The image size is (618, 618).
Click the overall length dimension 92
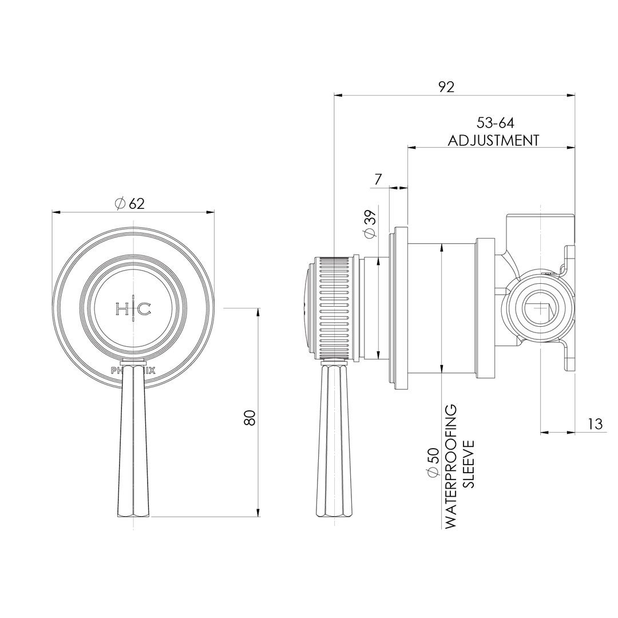446,86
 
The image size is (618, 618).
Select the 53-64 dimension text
495,123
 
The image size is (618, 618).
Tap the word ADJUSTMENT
493,140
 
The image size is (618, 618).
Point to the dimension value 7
378,180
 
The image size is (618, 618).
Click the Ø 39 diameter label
370,224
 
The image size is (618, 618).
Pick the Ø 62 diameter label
130,203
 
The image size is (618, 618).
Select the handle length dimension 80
249,417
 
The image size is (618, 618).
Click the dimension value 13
595,424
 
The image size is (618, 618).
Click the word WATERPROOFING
451,466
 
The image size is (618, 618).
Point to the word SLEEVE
469,463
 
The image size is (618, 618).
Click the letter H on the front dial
123,309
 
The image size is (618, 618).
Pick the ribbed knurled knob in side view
334,309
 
